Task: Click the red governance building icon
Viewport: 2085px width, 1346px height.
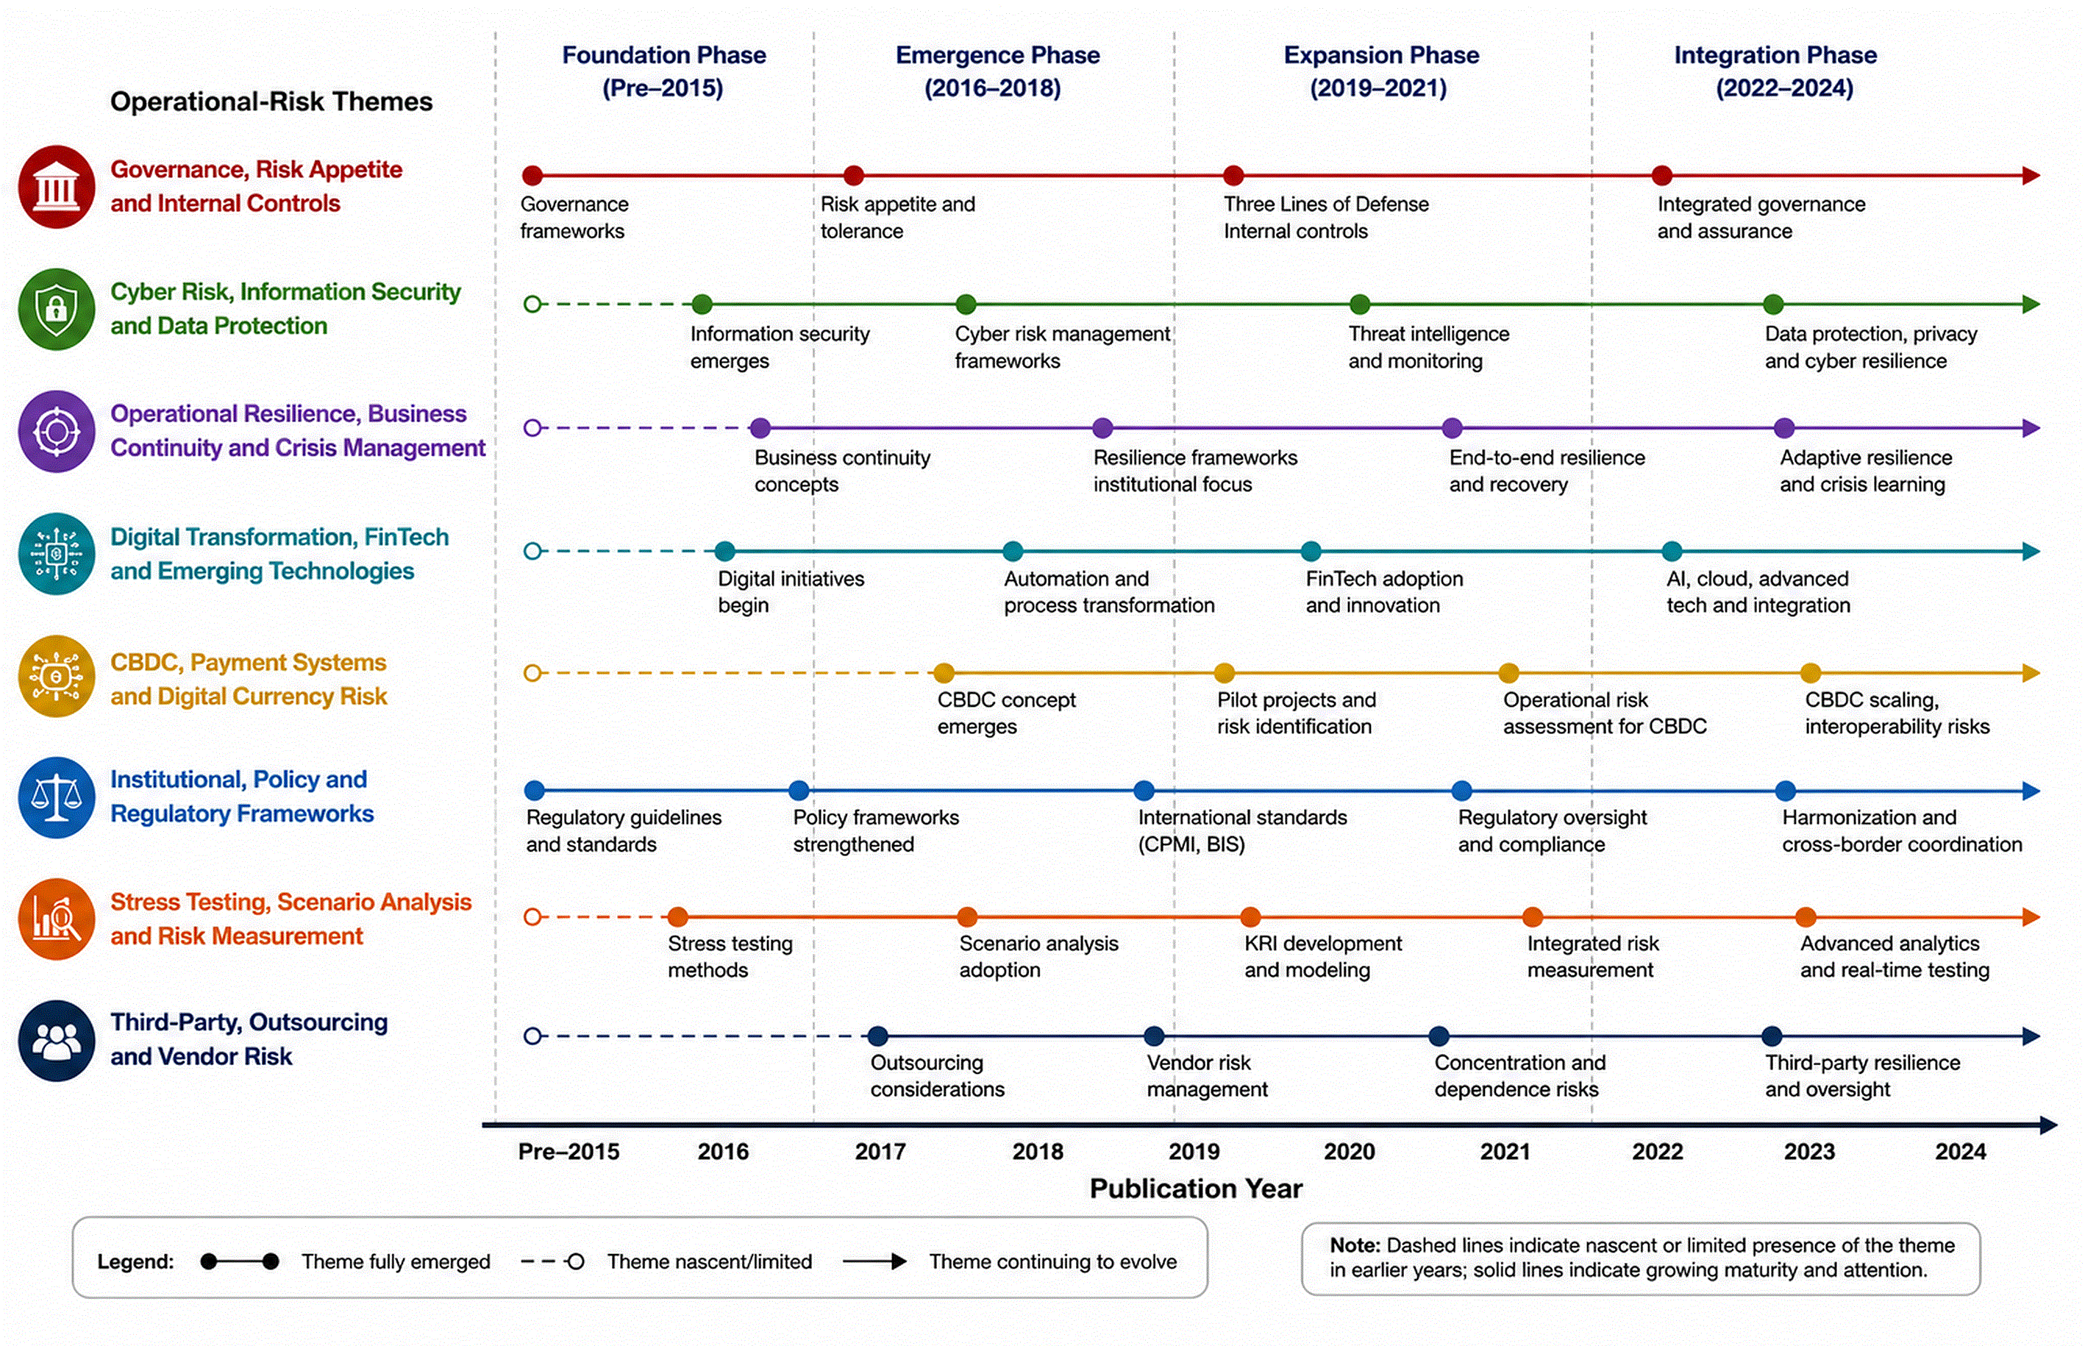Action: click(57, 186)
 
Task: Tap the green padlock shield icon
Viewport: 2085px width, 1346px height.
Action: click(57, 308)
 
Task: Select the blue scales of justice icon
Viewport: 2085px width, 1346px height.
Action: click(57, 797)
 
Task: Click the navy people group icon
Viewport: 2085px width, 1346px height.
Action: click(57, 1040)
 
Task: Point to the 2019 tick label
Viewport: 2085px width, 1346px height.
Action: click(1194, 1151)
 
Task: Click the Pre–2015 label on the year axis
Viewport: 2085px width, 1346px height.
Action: click(569, 1151)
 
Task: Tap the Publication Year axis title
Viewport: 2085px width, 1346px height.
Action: click(1195, 1189)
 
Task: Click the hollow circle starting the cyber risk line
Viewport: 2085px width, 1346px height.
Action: click(532, 305)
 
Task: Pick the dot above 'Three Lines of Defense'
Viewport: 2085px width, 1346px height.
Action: click(1233, 176)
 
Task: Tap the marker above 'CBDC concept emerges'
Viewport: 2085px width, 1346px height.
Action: click(943, 673)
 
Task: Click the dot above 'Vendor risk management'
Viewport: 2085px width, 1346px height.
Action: click(1153, 1036)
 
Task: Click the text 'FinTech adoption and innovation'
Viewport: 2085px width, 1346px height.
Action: click(1383, 591)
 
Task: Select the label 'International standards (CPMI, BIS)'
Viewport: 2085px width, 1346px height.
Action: click(1241, 830)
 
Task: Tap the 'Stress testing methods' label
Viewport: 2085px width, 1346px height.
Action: click(730, 956)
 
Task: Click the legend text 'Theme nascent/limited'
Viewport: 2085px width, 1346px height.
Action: click(710, 1261)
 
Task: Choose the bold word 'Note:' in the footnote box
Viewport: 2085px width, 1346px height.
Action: click(1355, 1244)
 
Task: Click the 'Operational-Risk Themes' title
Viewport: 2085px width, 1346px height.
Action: click(271, 102)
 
